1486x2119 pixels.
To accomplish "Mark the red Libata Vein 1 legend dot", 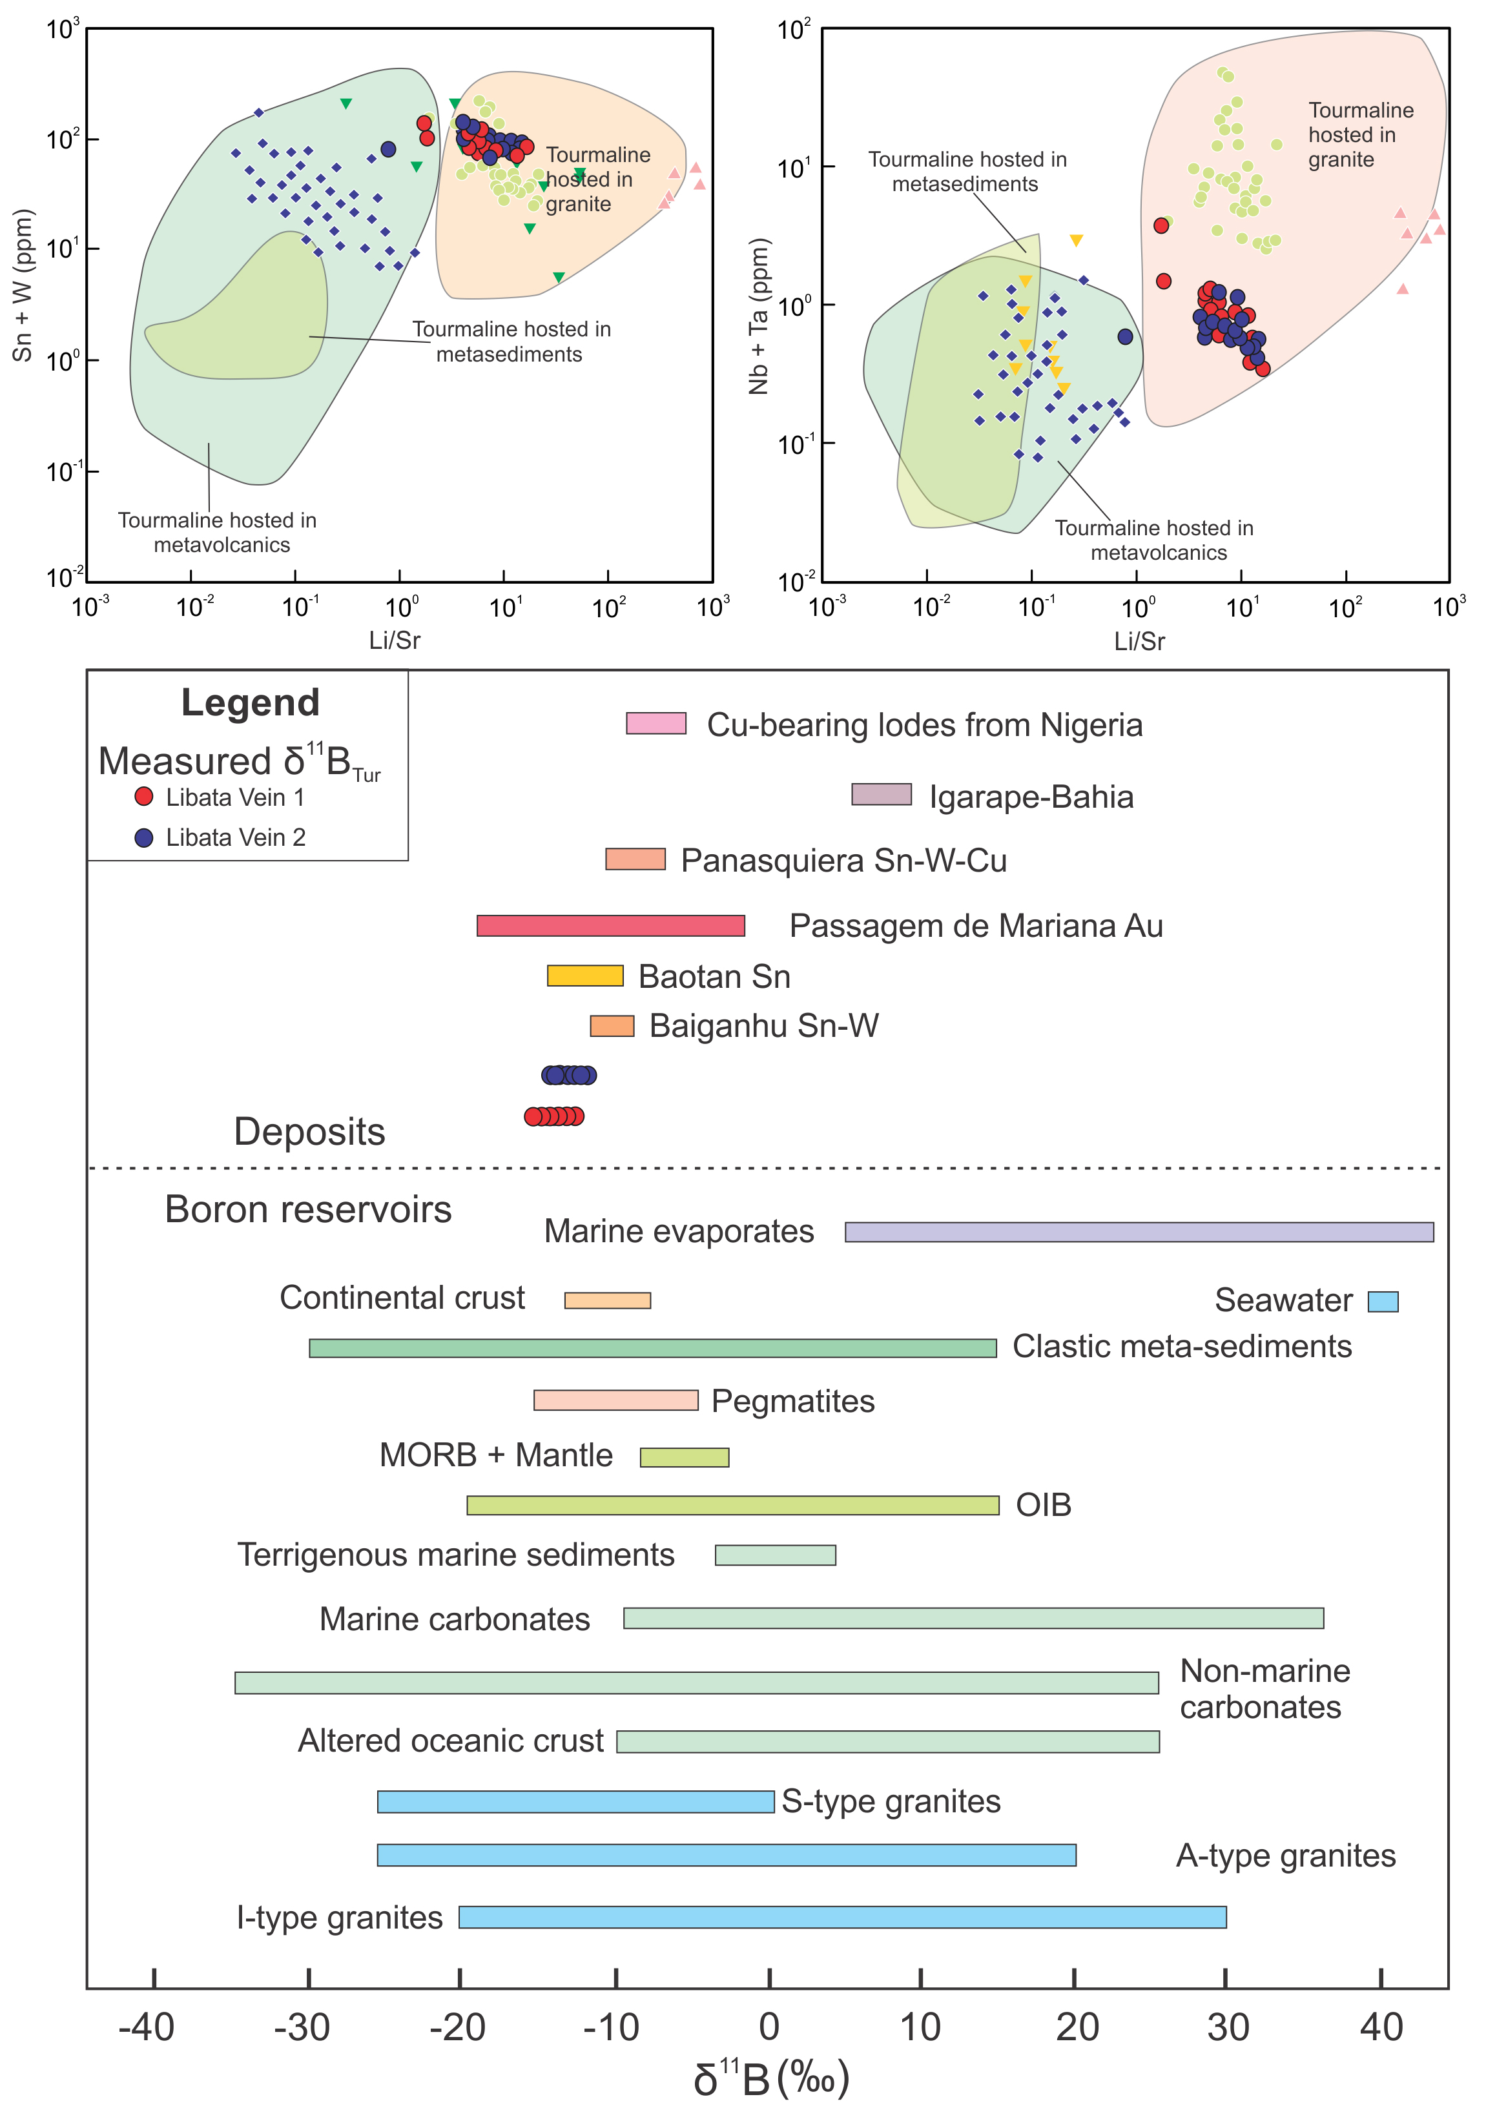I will coord(144,797).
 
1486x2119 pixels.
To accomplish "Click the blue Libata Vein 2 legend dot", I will coord(144,837).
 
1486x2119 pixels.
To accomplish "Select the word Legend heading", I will coord(250,702).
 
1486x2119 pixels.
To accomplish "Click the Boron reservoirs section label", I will coord(307,1209).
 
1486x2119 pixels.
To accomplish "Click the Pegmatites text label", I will coord(793,1401).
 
